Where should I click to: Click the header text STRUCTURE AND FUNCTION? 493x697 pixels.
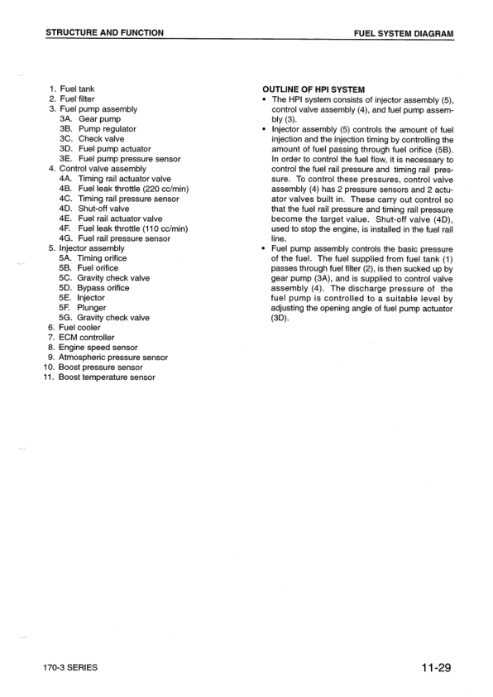pyautogui.click(x=104, y=33)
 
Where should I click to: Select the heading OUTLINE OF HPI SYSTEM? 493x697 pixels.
pyautogui.click(x=314, y=89)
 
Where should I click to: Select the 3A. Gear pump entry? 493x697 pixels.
pyautogui.click(x=92, y=119)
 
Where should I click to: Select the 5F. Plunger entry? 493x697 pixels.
pyautogui.click(x=85, y=307)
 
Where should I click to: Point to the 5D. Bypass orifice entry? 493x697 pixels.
pyautogui.click(x=94, y=288)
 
